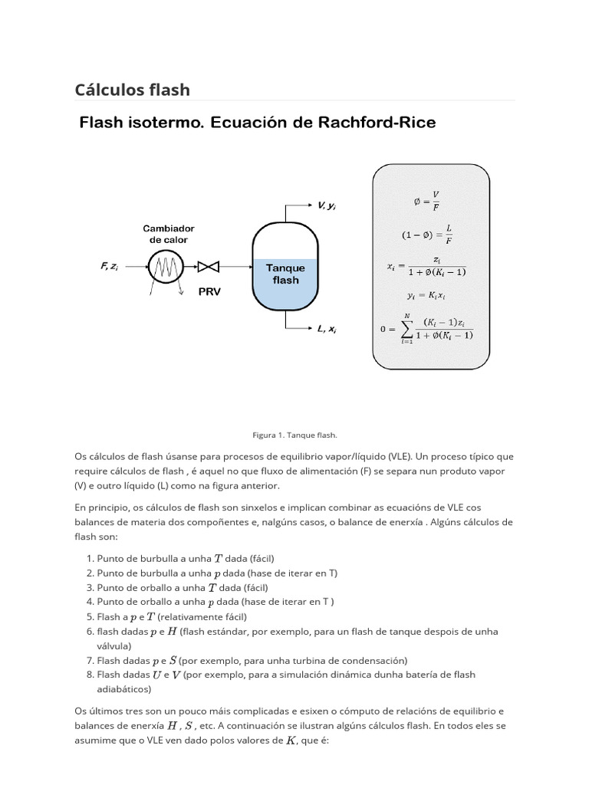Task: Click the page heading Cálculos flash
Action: [132, 90]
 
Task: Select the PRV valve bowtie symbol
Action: [209, 268]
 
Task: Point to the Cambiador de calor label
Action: [168, 234]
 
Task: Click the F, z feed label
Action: [109, 266]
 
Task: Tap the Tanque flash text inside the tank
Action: [285, 274]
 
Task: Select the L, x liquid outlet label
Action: [327, 329]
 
